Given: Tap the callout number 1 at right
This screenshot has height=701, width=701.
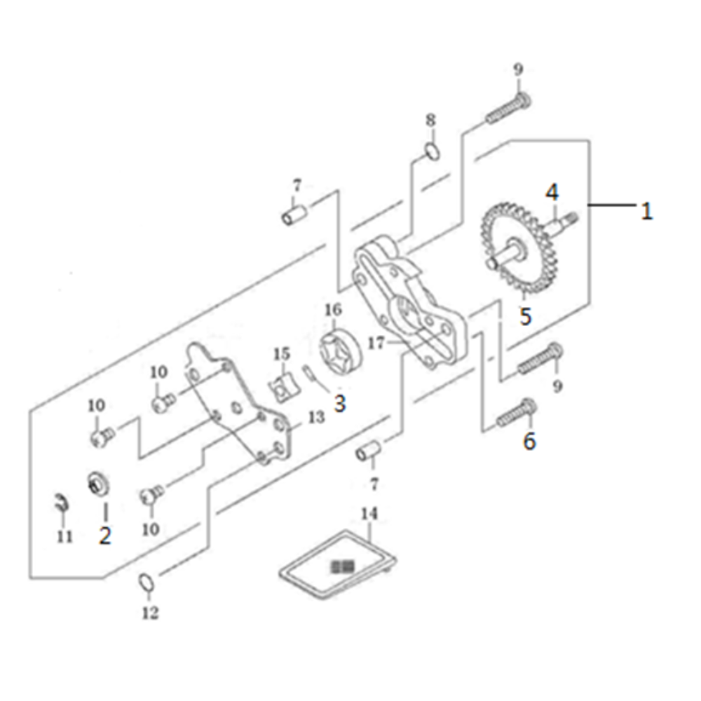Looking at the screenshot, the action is [646, 210].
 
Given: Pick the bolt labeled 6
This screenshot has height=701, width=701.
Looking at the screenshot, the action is [517, 414].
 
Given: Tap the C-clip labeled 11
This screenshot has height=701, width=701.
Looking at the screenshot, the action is [62, 504].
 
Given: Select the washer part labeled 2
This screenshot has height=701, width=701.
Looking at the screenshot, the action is [98, 484].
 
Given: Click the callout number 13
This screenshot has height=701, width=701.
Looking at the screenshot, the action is [316, 418].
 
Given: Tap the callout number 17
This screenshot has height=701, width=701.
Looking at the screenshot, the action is [376, 343].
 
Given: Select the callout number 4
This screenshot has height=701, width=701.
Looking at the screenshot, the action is [552, 193].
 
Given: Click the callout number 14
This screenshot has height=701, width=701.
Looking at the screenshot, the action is [369, 514].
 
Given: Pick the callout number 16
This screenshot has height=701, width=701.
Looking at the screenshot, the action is [333, 310].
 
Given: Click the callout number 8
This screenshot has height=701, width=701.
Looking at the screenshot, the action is [430, 121].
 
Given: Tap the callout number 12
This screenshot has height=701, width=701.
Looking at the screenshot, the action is [150, 613].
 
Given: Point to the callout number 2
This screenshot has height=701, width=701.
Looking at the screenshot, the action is [105, 535].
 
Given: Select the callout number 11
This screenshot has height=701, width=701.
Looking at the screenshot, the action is [64, 536].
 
